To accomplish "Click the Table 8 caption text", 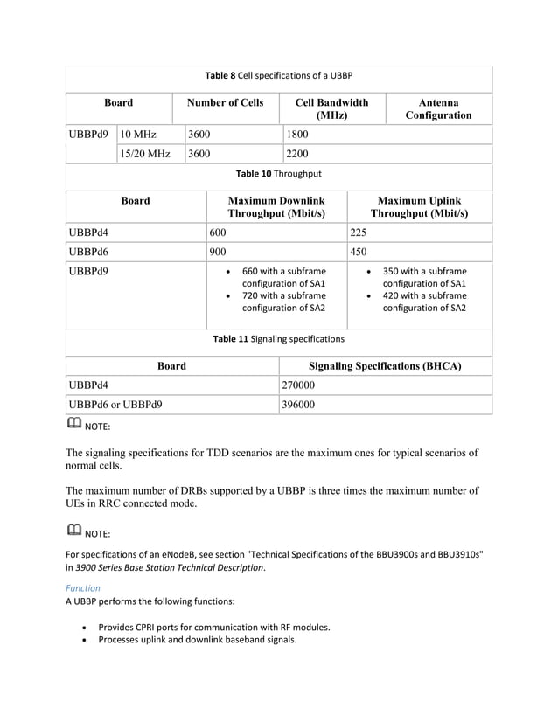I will point(278,75).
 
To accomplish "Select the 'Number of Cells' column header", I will point(226,103).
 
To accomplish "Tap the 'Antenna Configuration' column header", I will point(438,109).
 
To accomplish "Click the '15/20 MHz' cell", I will point(145,154).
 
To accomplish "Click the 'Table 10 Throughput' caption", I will point(278,174).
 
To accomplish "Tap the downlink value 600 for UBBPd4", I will point(218,233).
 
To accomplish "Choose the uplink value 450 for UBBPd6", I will point(359,252).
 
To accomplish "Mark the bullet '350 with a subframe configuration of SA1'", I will point(424,277).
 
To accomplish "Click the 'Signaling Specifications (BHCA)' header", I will point(386,366).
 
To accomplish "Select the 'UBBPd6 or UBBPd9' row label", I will point(115,405).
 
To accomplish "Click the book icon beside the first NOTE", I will point(73,426).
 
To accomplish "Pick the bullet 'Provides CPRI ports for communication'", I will point(213,627).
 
